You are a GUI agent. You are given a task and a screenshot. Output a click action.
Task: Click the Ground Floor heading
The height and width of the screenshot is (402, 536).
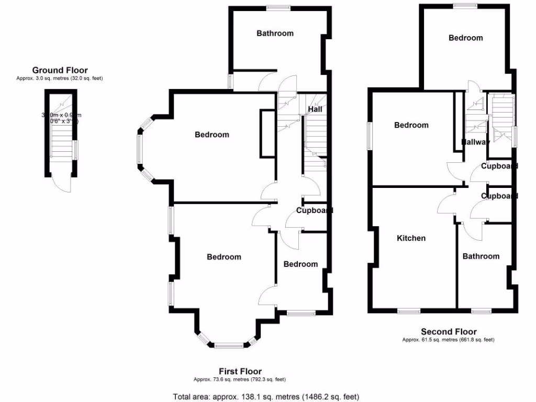[60, 70]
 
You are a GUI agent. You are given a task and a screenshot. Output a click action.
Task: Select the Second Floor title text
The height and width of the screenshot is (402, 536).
[449, 331]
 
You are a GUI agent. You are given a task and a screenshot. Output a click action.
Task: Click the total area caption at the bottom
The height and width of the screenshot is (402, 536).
[266, 396]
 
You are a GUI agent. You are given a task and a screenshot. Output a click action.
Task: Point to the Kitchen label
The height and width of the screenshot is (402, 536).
[411, 238]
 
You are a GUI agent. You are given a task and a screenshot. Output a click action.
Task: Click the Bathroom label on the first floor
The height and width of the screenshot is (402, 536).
[275, 33]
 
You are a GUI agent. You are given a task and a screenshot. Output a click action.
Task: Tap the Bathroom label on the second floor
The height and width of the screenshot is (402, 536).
[481, 256]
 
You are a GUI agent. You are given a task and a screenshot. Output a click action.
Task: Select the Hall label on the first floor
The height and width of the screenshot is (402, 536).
[315, 109]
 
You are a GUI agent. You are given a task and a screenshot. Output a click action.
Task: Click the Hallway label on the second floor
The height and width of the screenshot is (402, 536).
[475, 142]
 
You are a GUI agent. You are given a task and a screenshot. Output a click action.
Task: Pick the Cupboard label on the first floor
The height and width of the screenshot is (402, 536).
[315, 210]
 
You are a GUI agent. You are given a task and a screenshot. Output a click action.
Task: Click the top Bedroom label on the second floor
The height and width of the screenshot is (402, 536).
[465, 38]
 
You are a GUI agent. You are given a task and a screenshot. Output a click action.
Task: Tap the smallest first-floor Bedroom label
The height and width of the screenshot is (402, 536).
[300, 264]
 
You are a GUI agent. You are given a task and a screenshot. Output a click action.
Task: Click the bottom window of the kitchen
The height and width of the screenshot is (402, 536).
[409, 311]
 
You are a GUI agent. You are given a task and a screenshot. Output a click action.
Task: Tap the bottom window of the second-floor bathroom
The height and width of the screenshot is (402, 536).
[480, 311]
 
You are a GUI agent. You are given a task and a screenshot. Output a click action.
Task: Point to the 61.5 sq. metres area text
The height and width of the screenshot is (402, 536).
[448, 340]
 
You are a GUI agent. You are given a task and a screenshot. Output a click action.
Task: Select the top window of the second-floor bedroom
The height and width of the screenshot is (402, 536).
[465, 6]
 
